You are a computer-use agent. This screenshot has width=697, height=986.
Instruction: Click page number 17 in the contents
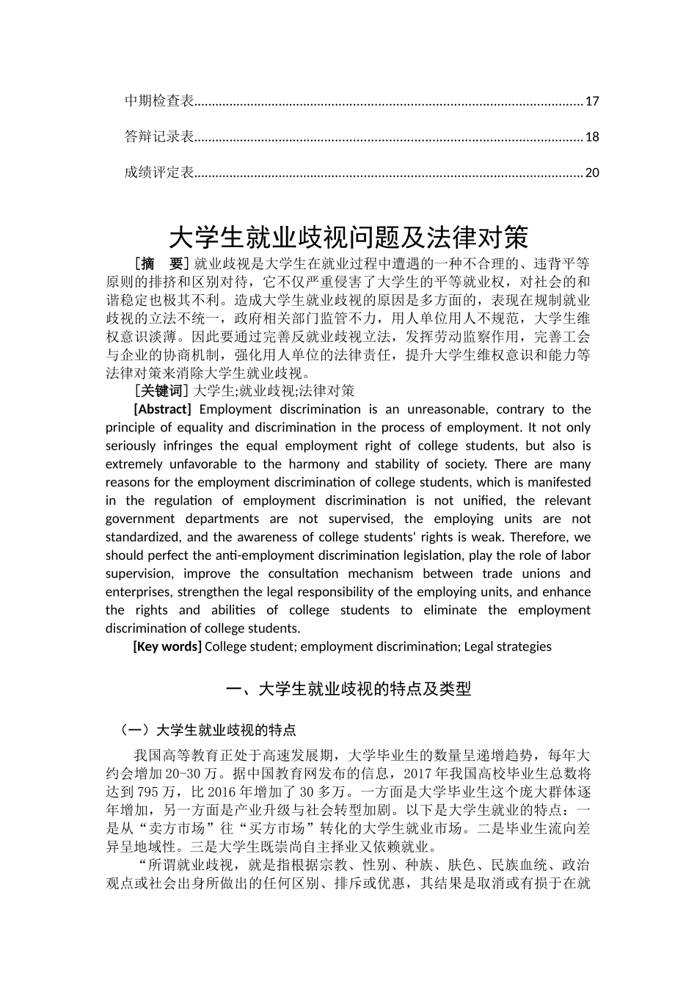[592, 101]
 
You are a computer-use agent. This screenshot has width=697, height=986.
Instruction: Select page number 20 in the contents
[592, 173]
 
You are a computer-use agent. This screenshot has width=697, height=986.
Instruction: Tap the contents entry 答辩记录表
[159, 136]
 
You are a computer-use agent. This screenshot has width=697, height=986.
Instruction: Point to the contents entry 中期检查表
[159, 101]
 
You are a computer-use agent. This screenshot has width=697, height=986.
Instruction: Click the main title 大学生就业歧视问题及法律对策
[348, 237]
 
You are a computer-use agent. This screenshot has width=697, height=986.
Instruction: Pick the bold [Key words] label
[167, 646]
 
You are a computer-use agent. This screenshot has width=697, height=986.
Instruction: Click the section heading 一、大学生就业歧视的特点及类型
[348, 689]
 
